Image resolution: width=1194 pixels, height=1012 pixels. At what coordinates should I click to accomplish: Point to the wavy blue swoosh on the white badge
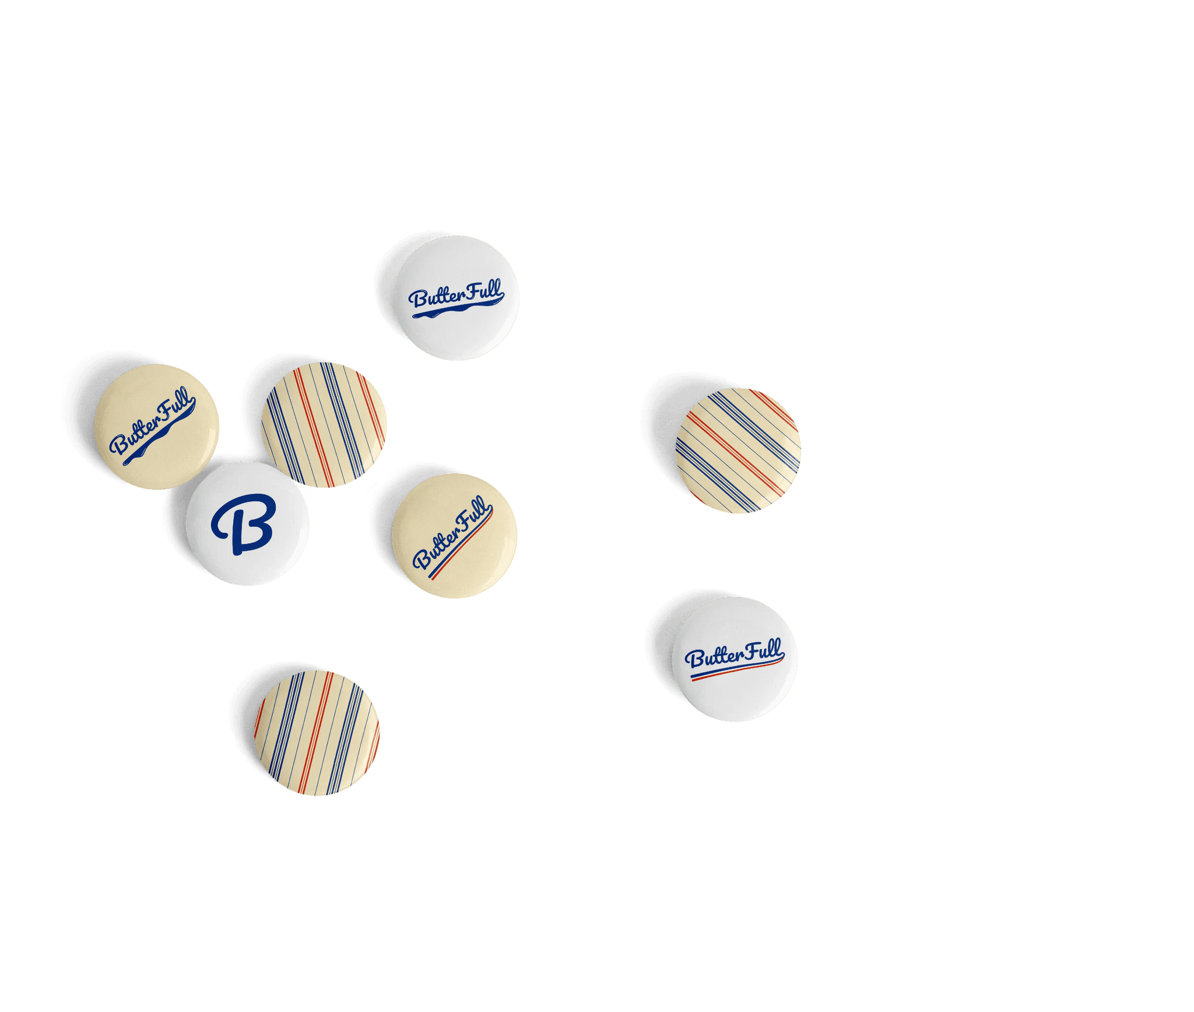(x=455, y=311)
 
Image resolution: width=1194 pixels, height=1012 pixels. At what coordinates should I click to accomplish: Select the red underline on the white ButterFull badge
(x=736, y=671)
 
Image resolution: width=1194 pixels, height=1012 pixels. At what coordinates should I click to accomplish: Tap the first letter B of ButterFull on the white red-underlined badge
(x=694, y=659)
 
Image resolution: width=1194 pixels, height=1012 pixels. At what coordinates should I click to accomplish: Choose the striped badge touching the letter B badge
(x=324, y=425)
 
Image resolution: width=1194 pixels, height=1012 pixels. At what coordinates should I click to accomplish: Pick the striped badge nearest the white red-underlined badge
(x=738, y=451)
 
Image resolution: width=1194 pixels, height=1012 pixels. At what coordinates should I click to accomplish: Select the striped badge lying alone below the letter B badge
(x=317, y=733)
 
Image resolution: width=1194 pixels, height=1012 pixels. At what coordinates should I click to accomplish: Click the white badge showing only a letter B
(x=247, y=523)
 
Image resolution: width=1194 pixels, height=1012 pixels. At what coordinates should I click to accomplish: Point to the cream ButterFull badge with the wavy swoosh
(x=157, y=427)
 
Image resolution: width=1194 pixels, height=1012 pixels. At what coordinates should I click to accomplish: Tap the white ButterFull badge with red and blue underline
(x=735, y=659)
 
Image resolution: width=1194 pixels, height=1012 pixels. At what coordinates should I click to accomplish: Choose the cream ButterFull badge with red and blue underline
(x=454, y=536)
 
